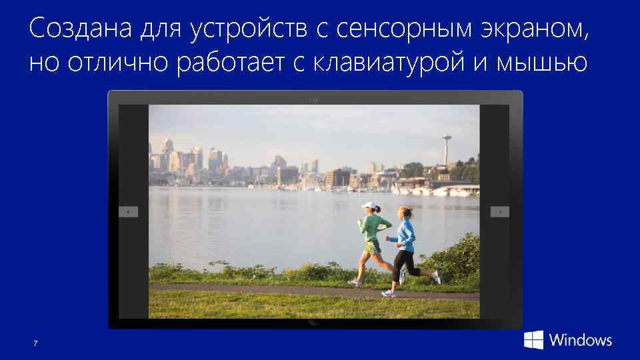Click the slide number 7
coord(35,343)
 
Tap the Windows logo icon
coord(533,339)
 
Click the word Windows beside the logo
coord(581,339)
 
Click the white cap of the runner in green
coord(369,205)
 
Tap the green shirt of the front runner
coord(373,227)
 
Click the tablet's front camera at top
coord(314,99)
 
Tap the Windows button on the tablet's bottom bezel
coord(314,323)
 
